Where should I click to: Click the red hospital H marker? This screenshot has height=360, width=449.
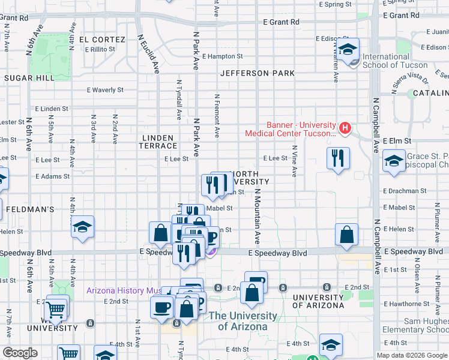[x=345, y=128]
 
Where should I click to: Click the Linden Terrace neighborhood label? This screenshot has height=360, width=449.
[x=159, y=142]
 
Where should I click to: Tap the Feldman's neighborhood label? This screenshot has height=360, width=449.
[x=30, y=209]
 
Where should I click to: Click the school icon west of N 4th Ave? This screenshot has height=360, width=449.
[x=82, y=227]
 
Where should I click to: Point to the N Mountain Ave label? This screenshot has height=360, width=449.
[x=258, y=216]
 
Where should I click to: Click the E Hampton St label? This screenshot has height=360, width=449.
[x=222, y=56]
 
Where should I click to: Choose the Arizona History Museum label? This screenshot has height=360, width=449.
[x=123, y=290]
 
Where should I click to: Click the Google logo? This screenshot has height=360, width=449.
[x=20, y=353]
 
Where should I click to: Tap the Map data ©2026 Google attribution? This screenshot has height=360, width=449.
[x=411, y=355]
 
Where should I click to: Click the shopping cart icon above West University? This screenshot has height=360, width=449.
[x=55, y=308]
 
